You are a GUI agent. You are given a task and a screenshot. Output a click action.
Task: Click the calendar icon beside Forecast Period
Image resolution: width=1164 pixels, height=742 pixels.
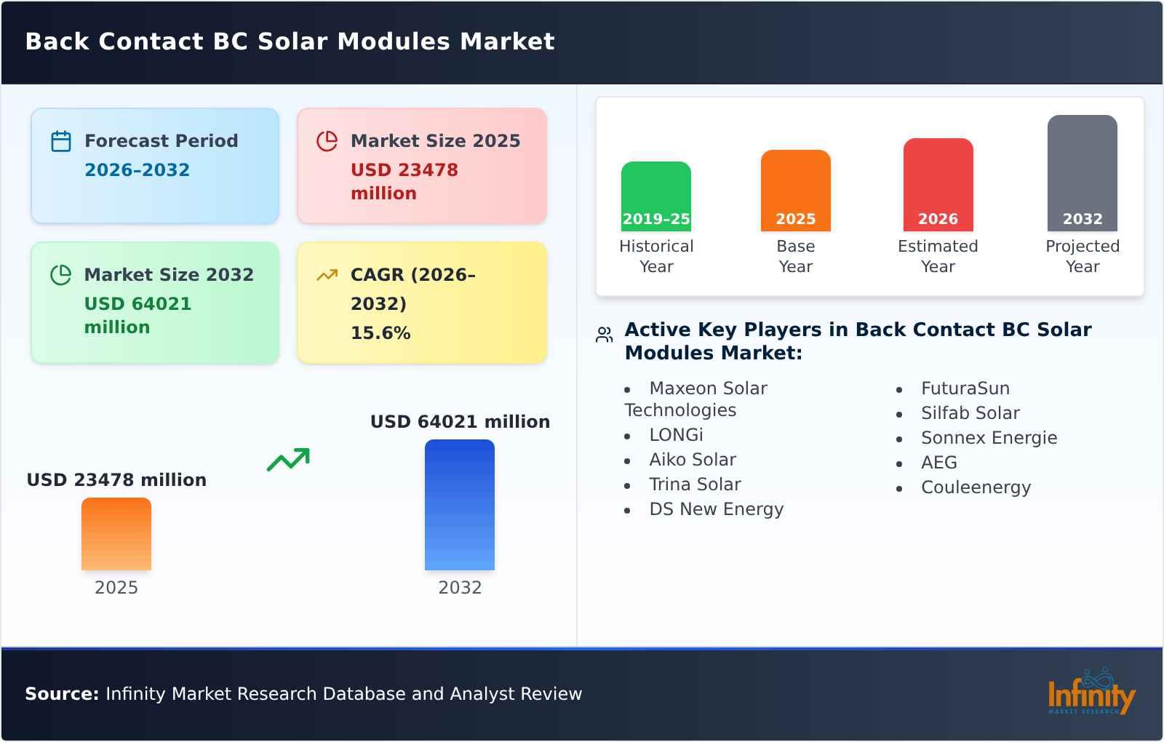(x=61, y=141)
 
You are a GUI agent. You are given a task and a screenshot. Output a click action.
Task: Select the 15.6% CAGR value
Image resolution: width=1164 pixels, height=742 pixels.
(x=380, y=333)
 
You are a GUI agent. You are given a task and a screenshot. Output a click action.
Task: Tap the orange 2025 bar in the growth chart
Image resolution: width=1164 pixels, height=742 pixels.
(x=116, y=534)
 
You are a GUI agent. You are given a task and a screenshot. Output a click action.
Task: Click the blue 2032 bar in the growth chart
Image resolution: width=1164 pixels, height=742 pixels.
(x=460, y=505)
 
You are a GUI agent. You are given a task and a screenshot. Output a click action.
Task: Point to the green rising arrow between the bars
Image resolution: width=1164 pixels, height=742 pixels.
(x=289, y=460)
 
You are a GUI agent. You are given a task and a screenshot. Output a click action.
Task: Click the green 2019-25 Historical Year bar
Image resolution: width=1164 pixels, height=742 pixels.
(x=656, y=196)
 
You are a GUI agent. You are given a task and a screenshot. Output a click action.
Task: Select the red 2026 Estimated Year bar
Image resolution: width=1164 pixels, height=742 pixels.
(x=938, y=185)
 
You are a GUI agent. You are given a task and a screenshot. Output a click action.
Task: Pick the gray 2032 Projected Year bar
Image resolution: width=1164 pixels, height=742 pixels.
(x=1082, y=173)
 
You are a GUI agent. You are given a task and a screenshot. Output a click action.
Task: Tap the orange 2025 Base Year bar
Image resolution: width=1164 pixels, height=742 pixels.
(x=795, y=191)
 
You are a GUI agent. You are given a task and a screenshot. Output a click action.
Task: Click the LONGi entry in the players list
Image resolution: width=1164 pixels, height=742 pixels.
(x=676, y=435)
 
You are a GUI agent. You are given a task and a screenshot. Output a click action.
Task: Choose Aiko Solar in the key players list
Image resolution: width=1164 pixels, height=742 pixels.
(x=692, y=460)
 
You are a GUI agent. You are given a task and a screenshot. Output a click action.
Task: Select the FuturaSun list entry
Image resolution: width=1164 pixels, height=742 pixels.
(x=965, y=388)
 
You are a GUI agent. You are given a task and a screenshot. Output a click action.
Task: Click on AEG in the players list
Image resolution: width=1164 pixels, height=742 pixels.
(x=938, y=463)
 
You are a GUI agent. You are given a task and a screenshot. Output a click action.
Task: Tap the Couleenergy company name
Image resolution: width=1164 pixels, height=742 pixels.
(x=976, y=487)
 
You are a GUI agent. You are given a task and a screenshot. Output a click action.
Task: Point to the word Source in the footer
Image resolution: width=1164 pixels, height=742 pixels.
(x=62, y=694)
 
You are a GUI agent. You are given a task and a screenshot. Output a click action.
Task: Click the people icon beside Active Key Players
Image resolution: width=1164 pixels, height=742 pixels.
(x=605, y=335)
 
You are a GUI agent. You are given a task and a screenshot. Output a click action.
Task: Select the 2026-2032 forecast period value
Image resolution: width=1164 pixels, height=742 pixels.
(x=137, y=170)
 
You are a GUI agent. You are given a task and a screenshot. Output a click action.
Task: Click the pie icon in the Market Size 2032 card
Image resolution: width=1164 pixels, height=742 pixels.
(x=61, y=275)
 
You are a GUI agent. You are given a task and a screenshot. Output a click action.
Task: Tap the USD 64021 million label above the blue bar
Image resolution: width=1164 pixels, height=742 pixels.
(x=460, y=422)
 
